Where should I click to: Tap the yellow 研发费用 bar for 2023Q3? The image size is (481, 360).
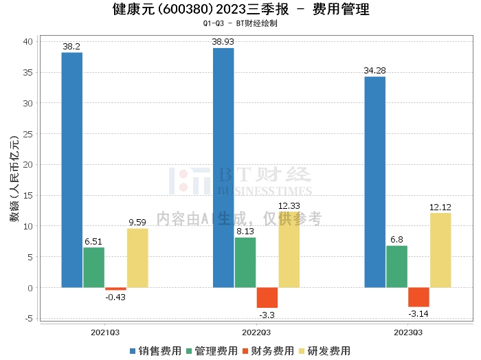pyautogui.click(x=440, y=250)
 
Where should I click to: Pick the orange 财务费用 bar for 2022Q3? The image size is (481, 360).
pyautogui.click(x=267, y=297)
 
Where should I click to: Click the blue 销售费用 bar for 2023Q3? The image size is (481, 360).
pyautogui.click(x=374, y=182)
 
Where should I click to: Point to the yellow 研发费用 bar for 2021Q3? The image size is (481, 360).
pyautogui.click(x=137, y=258)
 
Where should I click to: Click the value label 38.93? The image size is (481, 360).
pyautogui.click(x=223, y=43)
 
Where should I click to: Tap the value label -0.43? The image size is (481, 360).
pyautogui.click(x=115, y=297)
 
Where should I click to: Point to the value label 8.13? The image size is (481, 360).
pyautogui.click(x=245, y=232)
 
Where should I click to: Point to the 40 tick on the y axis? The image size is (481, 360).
pyautogui.click(x=27, y=42)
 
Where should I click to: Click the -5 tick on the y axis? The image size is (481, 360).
pyautogui.click(x=27, y=318)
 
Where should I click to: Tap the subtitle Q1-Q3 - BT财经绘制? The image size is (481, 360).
pyautogui.click(x=240, y=23)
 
